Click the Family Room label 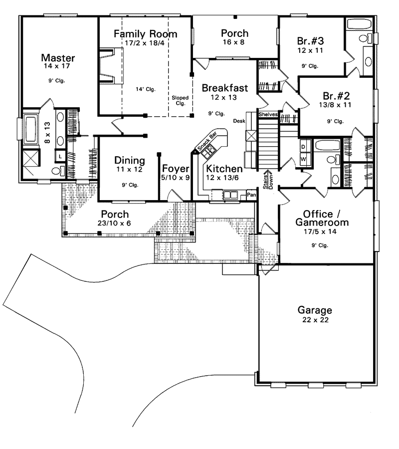pyautogui.click(x=146, y=34)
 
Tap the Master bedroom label pyautogui.click(x=58, y=58)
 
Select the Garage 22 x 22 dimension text pyautogui.click(x=315, y=320)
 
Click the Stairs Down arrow pyautogui.click(x=268, y=180)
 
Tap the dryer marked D pyautogui.click(x=303, y=147)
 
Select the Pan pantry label pyautogui.click(x=251, y=195)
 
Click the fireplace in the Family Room pyautogui.click(x=111, y=66)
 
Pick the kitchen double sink pyautogui.click(x=230, y=195)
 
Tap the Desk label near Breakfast pyautogui.click(x=239, y=121)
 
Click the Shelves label pyautogui.click(x=268, y=114)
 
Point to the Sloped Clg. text pyautogui.click(x=180, y=100)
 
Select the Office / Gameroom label pyautogui.click(x=322, y=218)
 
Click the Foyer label pyautogui.click(x=176, y=169)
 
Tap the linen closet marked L pyautogui.click(x=60, y=156)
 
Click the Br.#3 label pyautogui.click(x=311, y=41)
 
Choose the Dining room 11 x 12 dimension pyautogui.click(x=129, y=169)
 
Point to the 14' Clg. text pyautogui.click(x=146, y=89)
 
